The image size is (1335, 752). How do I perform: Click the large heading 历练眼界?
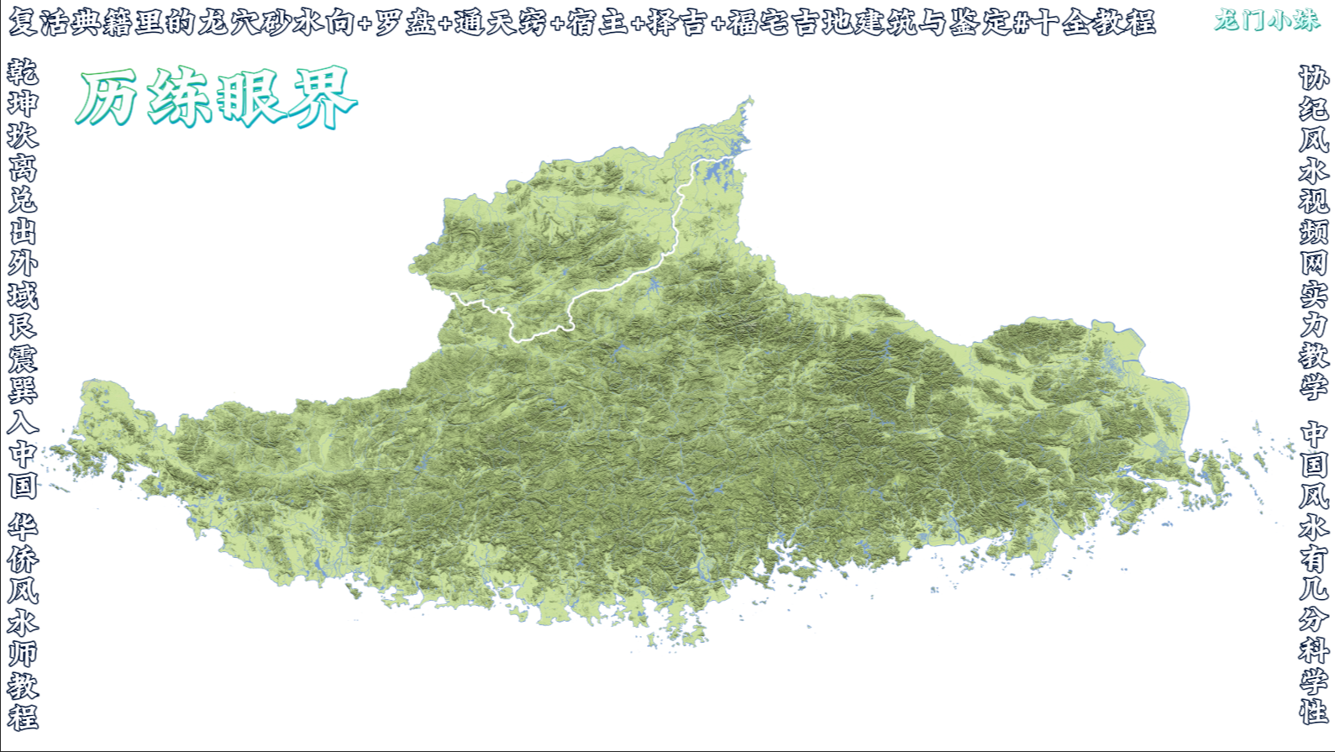click(217, 98)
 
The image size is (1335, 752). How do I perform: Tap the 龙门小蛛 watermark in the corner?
click(1266, 20)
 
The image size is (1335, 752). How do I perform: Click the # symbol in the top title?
click(1021, 23)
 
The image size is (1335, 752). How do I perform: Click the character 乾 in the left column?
click(23, 72)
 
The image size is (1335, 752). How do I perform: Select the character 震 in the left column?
click(23, 359)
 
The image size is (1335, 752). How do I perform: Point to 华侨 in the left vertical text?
click(23, 543)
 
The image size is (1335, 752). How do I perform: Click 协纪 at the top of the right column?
click(1314, 92)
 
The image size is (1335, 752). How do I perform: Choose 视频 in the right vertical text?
click(1314, 216)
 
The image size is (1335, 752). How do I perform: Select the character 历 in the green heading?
click(108, 98)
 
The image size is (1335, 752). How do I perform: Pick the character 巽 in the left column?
click(23, 390)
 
